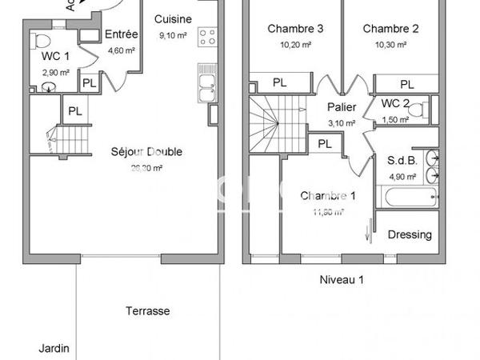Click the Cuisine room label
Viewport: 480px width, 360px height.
(x=173, y=19)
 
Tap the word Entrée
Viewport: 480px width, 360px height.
(x=122, y=34)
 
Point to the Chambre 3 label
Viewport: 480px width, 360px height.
(x=295, y=29)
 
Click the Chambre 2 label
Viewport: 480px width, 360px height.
(x=391, y=29)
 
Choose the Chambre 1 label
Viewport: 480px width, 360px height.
(x=327, y=196)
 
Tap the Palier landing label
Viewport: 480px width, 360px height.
(x=342, y=107)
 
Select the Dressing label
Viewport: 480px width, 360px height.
(x=409, y=234)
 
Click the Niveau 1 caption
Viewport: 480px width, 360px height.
(x=342, y=279)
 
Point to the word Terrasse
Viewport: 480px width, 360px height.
(x=148, y=311)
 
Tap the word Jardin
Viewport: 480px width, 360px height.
(x=54, y=348)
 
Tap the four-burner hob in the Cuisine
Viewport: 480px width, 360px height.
(x=208, y=36)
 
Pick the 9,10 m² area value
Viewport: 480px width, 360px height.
(x=173, y=35)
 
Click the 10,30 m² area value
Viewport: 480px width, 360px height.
(x=391, y=44)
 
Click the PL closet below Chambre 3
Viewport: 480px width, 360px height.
(x=280, y=82)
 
